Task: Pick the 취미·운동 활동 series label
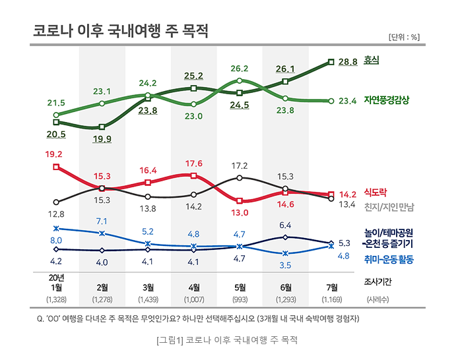(389, 260)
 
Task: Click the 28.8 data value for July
(347, 62)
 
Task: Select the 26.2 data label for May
(240, 69)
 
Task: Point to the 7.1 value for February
(102, 221)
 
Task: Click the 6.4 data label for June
(285, 225)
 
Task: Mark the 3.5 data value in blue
(285, 265)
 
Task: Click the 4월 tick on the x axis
(194, 287)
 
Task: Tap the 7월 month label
(332, 287)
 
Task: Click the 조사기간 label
(378, 282)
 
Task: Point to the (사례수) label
(378, 300)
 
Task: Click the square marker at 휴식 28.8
(331, 62)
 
